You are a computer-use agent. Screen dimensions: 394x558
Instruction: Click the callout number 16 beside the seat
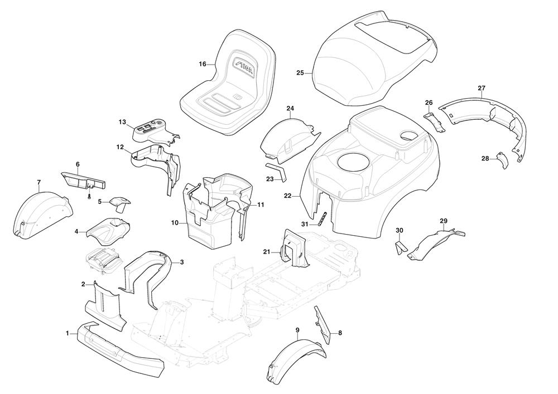[203, 64]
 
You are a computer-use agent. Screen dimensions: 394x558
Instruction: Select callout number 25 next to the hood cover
[300, 73]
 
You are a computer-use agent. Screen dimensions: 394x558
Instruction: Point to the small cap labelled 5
[118, 202]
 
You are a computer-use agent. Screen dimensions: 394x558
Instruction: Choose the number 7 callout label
[39, 182]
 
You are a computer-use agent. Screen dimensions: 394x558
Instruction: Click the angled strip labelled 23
[277, 172]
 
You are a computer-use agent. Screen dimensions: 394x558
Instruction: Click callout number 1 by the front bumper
[68, 333]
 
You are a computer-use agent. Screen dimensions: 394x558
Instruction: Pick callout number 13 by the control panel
[123, 121]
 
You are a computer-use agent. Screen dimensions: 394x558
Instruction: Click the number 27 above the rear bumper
[482, 88]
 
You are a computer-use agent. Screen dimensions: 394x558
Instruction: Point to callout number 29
[444, 221]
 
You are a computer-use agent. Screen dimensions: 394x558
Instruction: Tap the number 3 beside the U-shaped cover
[182, 261]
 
